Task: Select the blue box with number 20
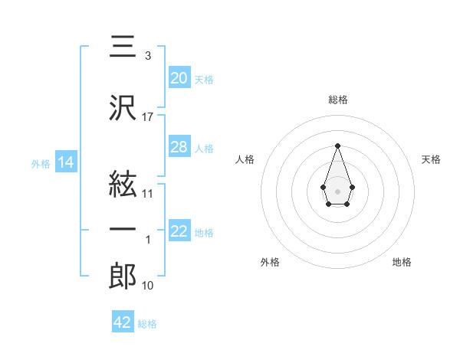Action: pos(179,77)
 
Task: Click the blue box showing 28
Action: pos(179,147)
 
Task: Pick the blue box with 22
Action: pos(179,231)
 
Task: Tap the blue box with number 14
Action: pos(65,162)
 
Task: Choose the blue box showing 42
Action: pos(123,322)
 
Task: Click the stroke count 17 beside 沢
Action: pos(148,117)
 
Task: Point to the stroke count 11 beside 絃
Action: pos(148,194)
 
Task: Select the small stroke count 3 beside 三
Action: pos(147,56)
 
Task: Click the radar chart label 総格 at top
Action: pos(337,100)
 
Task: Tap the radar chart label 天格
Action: pos(431,159)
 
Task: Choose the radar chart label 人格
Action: pos(245,159)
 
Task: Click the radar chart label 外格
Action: pos(270,262)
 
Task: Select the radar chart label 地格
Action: pos(402,262)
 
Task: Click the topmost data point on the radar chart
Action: pos(337,146)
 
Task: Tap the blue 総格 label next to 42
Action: pos(147,324)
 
